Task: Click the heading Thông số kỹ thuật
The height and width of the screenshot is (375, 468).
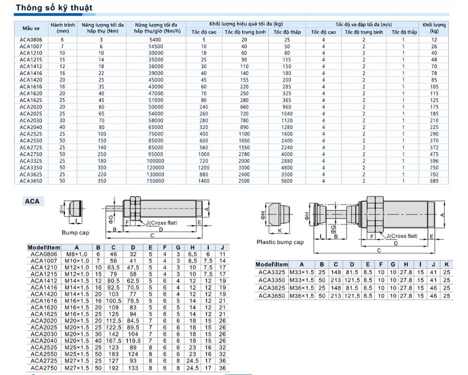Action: coord(54,7)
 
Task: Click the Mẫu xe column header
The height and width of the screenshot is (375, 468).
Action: coord(31,28)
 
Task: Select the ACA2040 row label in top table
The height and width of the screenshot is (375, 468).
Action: coord(31,127)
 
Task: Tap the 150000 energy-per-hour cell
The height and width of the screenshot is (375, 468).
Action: coord(155,181)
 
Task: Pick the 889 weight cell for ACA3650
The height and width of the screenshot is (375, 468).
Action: coord(434,181)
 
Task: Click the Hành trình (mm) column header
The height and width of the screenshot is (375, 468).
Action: coord(63,28)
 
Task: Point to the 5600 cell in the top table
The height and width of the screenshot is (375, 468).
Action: coord(286,181)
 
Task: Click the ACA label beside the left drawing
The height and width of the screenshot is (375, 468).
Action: coord(32,201)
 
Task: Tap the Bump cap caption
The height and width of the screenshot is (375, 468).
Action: coord(75,232)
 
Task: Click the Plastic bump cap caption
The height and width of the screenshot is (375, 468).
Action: coord(280,242)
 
